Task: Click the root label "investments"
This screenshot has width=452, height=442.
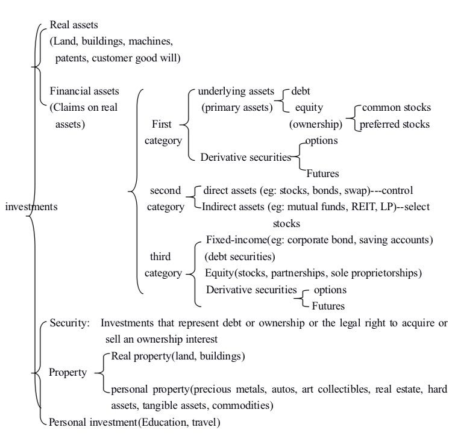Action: (x=31, y=207)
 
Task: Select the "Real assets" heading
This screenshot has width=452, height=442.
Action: (x=74, y=25)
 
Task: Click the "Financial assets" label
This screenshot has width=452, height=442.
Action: (x=84, y=92)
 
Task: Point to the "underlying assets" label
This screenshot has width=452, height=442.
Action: (x=234, y=92)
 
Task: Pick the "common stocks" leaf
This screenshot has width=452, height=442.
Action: (x=395, y=108)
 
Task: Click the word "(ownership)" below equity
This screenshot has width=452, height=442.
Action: (x=316, y=125)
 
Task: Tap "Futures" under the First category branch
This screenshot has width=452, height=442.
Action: (x=322, y=173)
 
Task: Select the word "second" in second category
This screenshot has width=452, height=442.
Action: (x=165, y=190)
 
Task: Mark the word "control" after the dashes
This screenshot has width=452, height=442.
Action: (x=396, y=190)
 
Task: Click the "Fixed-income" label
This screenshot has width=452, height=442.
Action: (x=236, y=240)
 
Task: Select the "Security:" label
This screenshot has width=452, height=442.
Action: (x=70, y=323)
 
